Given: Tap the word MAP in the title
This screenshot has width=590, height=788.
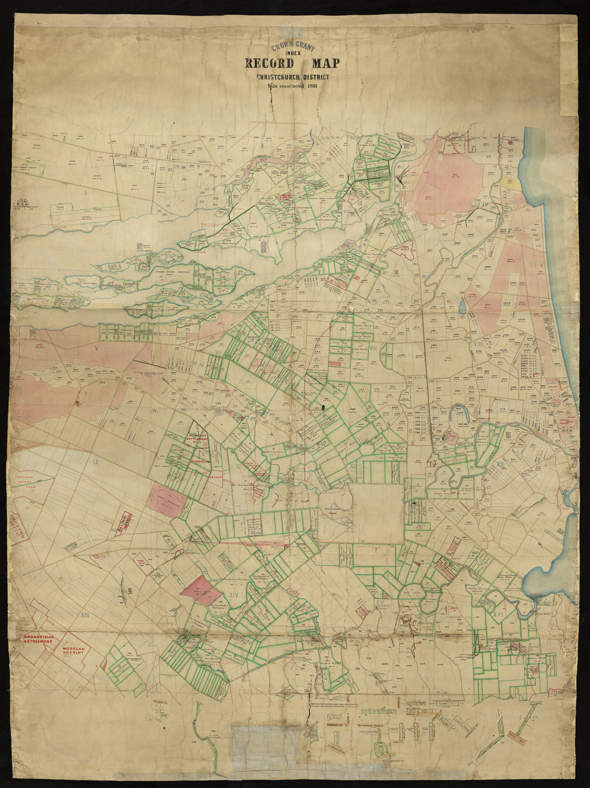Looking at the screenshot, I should point(322,64).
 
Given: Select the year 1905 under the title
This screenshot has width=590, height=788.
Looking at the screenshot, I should point(312,85).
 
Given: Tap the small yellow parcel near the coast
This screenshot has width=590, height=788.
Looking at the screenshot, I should point(517,184).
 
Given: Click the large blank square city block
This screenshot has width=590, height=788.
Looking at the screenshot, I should point(377,513).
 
